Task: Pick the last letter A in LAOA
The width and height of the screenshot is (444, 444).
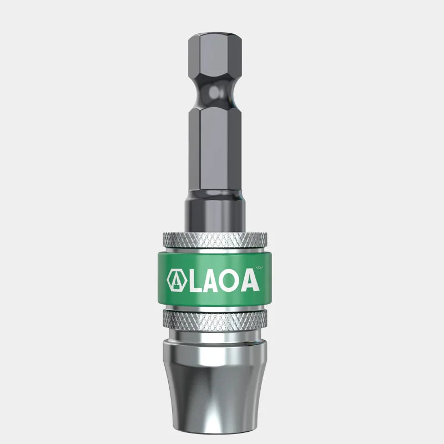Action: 249,280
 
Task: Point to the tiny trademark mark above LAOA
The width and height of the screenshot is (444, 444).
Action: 265,269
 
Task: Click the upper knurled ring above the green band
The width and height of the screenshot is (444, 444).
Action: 214,239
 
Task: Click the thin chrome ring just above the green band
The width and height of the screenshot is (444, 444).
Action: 214,250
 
